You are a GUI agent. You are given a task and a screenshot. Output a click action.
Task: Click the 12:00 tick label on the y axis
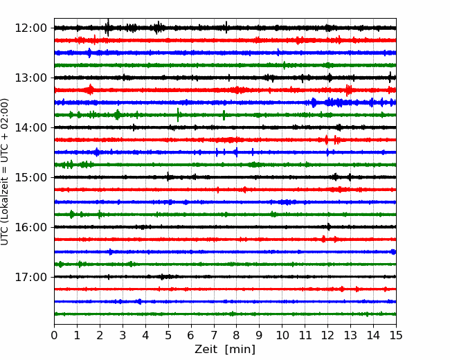(30, 28)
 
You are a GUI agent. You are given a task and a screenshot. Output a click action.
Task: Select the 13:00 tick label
(30, 78)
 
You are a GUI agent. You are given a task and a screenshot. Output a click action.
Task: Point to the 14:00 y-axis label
(30, 127)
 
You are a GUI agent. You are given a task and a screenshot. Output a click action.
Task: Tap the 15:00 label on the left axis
(30, 177)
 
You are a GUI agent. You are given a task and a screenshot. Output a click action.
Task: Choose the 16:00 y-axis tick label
(30, 227)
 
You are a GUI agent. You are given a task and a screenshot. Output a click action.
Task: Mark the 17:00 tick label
(30, 277)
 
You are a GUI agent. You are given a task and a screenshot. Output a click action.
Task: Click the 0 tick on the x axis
(54, 335)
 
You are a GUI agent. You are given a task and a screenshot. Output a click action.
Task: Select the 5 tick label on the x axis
(168, 335)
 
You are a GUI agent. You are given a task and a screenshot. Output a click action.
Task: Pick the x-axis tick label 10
(282, 335)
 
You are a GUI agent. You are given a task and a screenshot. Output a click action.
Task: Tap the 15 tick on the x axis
(396, 335)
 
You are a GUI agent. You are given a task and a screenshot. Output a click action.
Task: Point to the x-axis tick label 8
(237, 335)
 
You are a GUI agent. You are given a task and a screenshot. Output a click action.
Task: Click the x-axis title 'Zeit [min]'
(225, 350)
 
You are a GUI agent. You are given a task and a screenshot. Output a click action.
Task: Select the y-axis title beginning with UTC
(4, 172)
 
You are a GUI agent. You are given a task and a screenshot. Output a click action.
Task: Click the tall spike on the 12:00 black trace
(108, 28)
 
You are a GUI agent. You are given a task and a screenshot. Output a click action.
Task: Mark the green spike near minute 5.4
(178, 115)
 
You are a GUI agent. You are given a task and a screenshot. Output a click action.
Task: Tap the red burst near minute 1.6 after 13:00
(90, 89)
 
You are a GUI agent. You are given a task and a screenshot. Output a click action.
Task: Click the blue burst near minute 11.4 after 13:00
(314, 102)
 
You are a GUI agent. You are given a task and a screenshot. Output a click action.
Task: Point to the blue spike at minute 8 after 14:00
(237, 152)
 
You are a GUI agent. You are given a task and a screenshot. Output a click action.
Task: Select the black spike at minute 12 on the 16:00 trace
(328, 227)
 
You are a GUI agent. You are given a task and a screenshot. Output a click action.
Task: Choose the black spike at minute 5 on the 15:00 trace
(168, 177)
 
